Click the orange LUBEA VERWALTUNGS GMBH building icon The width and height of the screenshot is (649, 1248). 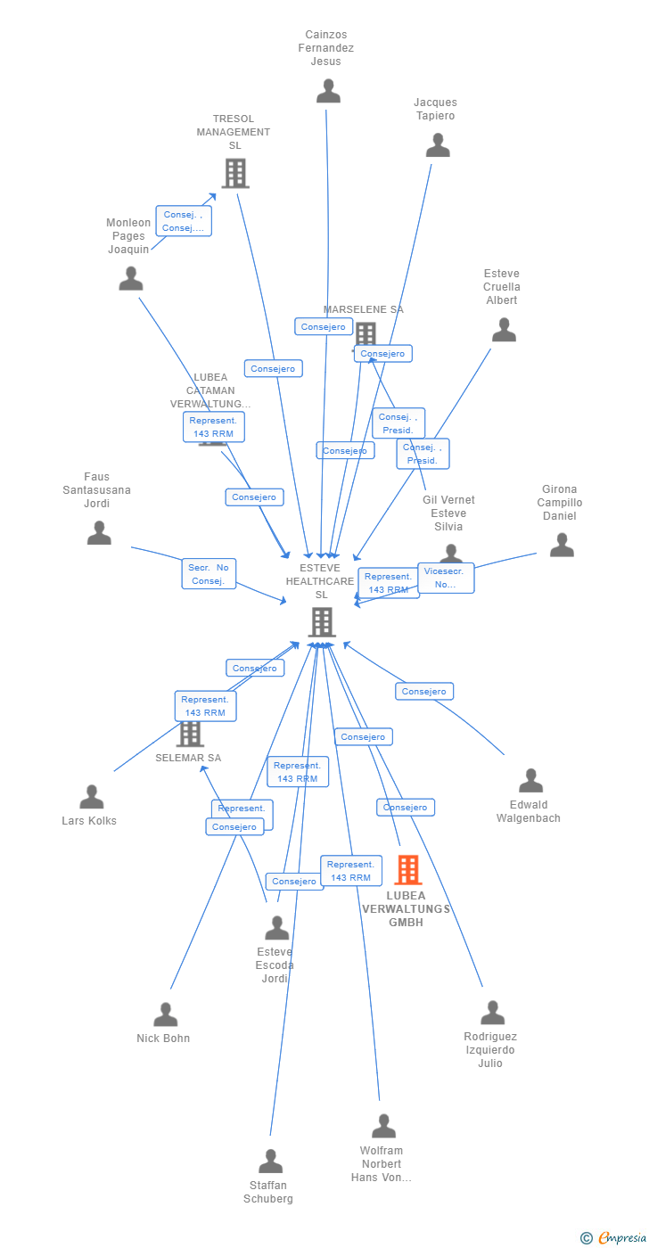point(407,869)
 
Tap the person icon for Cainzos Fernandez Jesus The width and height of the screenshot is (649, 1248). point(328,91)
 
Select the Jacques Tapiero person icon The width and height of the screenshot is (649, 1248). point(438,145)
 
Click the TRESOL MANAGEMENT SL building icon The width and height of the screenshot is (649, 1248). point(234,173)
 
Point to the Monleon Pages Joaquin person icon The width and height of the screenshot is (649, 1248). point(131,279)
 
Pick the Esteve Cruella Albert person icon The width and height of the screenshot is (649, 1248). point(504,331)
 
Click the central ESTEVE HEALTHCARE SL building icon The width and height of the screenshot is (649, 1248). point(321,621)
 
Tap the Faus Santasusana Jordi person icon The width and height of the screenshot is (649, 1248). point(99,533)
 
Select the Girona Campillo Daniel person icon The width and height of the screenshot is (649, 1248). point(562,545)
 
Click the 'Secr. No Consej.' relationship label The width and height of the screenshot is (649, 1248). point(209,574)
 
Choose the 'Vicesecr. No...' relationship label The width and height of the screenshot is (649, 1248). point(446,578)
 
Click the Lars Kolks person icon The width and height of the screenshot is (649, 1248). point(91,797)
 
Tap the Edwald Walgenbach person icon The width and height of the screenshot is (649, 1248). point(530,781)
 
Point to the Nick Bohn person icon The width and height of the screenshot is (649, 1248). point(165,1014)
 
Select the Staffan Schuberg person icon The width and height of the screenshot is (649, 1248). point(270,1162)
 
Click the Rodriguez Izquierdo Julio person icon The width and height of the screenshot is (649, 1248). point(492,1013)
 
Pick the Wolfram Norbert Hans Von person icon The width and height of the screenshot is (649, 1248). point(383,1126)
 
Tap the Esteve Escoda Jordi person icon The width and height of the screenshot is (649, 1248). point(276,928)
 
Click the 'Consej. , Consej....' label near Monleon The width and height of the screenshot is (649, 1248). point(184,221)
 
